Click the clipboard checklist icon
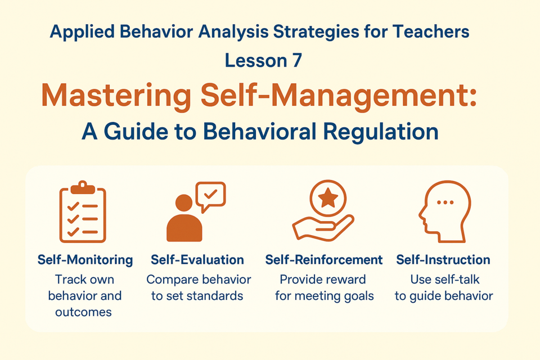[83, 211]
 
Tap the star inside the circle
[328, 198]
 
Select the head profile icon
[444, 211]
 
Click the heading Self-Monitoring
[85, 260]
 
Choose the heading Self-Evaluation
[197, 260]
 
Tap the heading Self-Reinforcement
[324, 260]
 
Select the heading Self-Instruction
[443, 260]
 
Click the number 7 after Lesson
[297, 60]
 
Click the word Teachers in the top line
[431, 31]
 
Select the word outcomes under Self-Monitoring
[83, 312]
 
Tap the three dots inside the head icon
[445, 202]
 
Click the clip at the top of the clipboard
[83, 187]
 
